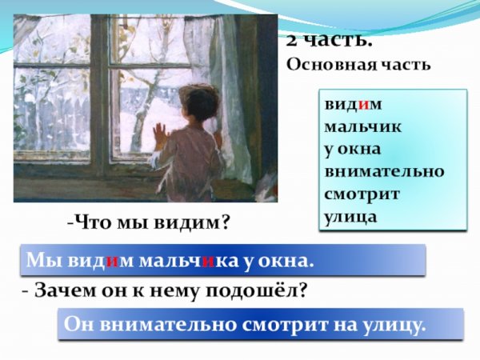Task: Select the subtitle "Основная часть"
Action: click(x=358, y=65)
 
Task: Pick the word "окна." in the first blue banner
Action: click(x=286, y=261)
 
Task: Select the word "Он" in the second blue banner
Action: click(x=82, y=326)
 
